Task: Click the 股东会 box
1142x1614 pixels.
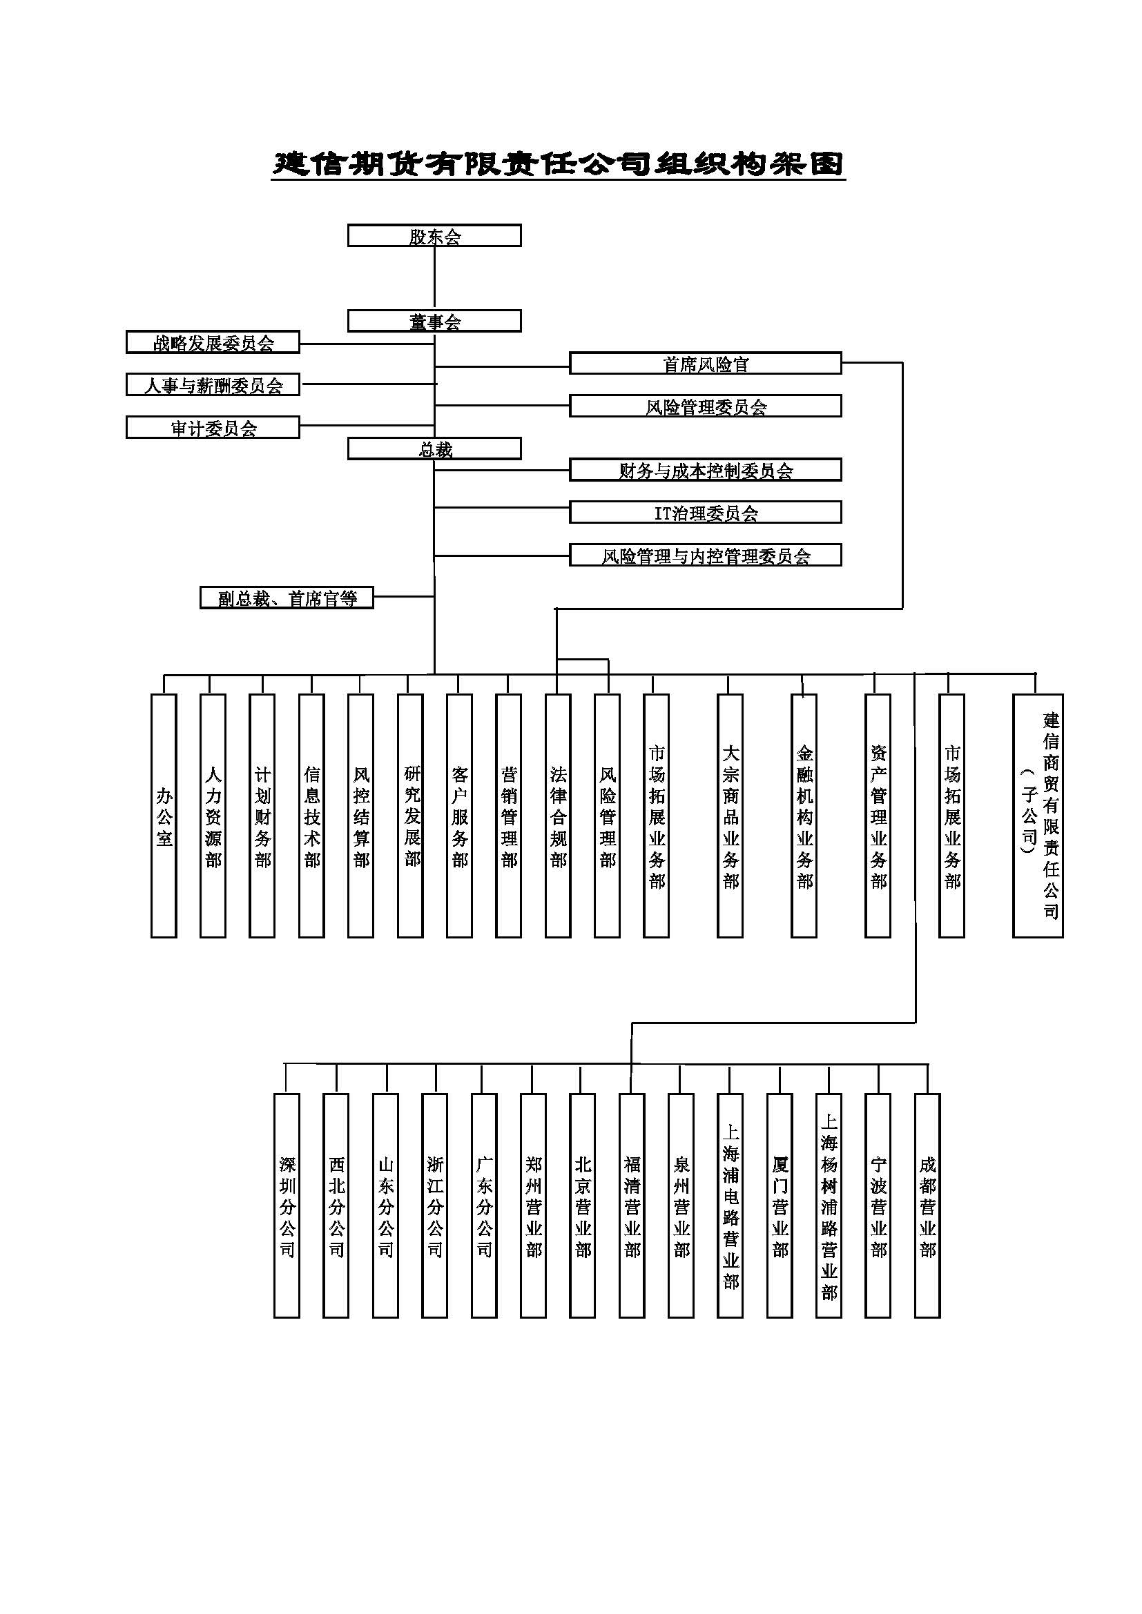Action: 434,235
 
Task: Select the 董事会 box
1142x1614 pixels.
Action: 434,322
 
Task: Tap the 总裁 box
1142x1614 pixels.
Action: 434,449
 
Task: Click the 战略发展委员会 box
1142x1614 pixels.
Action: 213,342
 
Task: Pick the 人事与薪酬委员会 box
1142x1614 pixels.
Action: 213,384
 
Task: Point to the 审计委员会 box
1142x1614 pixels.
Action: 213,427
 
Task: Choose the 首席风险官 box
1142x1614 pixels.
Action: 705,364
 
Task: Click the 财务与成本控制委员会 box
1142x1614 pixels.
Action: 705,470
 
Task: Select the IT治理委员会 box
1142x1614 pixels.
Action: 705,513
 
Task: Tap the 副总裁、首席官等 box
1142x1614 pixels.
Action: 287,598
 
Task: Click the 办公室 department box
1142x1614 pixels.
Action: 164,816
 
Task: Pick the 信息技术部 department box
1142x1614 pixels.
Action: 311,816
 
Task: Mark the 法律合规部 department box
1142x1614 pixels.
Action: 558,816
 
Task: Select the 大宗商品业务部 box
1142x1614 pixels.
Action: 730,816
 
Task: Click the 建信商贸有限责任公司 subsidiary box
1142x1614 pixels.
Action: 1038,816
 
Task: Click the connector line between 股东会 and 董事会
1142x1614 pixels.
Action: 434,278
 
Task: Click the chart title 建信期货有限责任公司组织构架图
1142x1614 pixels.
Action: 558,164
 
